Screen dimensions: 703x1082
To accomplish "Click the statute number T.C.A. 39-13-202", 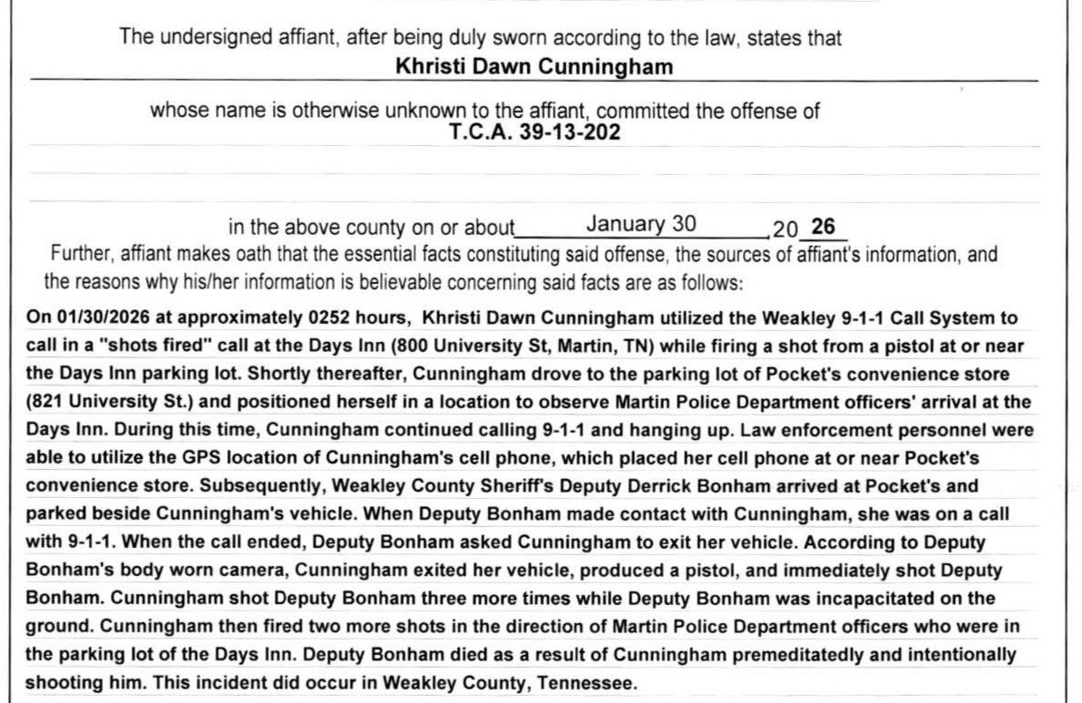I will click(x=534, y=132).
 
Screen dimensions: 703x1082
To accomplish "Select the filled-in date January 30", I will click(x=640, y=223).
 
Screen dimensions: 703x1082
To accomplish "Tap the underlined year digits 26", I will click(x=823, y=226).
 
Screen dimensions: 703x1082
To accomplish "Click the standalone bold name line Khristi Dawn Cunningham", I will click(x=534, y=66).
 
